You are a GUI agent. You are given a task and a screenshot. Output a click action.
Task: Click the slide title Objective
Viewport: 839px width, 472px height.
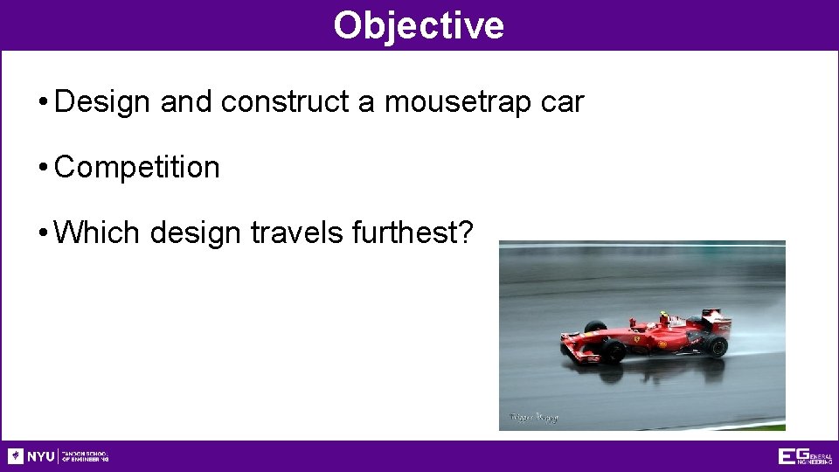pos(419,25)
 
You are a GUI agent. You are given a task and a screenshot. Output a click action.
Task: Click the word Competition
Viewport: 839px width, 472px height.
pos(137,167)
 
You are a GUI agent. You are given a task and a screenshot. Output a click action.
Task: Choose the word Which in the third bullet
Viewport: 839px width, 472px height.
pos(97,233)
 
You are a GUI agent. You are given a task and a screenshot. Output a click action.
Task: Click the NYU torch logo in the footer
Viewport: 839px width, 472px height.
pos(16,456)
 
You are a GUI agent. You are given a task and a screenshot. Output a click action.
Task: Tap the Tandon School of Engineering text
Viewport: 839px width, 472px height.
pos(85,456)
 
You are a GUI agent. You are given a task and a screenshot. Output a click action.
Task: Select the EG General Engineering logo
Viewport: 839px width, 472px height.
pos(805,456)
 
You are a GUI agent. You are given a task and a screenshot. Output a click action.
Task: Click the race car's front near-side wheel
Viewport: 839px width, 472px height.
pos(614,351)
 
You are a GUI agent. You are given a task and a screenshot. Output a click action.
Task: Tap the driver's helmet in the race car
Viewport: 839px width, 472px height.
pos(662,316)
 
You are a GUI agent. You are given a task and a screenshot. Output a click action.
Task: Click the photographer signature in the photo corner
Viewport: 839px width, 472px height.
pos(533,417)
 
